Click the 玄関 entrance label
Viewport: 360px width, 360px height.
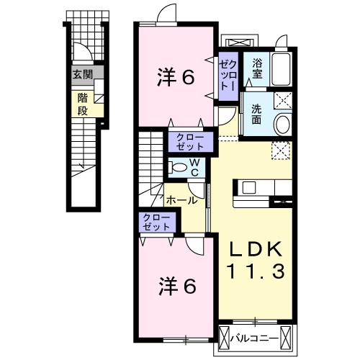click(x=83, y=74)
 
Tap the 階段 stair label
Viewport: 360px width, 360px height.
click(x=83, y=104)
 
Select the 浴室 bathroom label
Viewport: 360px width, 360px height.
click(x=257, y=69)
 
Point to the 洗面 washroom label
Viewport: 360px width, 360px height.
click(x=256, y=114)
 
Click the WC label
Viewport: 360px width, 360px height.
click(x=195, y=168)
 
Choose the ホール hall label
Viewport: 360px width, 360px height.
click(x=182, y=200)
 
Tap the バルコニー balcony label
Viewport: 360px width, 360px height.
click(x=255, y=338)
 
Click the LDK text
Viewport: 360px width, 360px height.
click(x=256, y=249)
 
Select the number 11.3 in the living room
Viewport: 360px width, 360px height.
click(x=256, y=271)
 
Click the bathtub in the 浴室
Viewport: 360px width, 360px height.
click(x=282, y=69)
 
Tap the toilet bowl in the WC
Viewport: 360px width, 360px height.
click(x=177, y=167)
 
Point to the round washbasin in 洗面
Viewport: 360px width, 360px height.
click(x=284, y=124)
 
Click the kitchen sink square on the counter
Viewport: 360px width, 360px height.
click(x=248, y=187)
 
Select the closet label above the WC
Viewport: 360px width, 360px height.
click(x=190, y=142)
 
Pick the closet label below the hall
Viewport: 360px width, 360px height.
click(x=156, y=222)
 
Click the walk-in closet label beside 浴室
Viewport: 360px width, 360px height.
click(x=229, y=76)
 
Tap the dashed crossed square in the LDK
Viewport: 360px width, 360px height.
click(x=281, y=150)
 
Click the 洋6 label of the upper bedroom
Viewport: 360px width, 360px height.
click(x=176, y=77)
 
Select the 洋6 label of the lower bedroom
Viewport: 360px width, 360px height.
click(x=177, y=286)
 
